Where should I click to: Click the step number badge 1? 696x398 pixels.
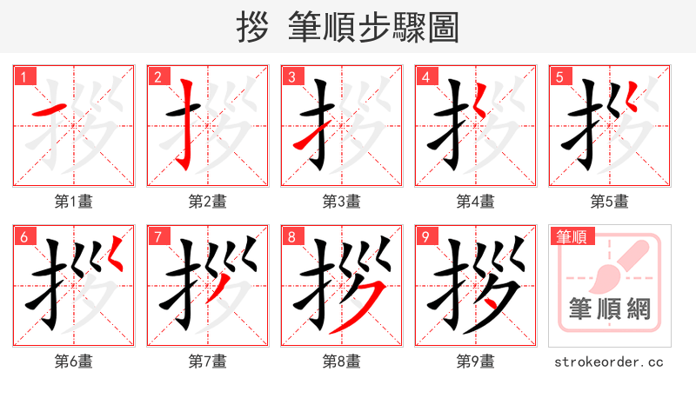click(24, 76)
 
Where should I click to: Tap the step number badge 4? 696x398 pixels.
click(426, 76)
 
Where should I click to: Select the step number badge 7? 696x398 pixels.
click(158, 236)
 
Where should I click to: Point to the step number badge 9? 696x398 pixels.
click(426, 236)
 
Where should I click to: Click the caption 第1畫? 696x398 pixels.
click(74, 202)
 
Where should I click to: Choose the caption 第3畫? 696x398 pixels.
click(342, 202)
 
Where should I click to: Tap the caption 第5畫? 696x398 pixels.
click(610, 202)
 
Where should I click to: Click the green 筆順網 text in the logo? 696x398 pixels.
click(610, 308)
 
